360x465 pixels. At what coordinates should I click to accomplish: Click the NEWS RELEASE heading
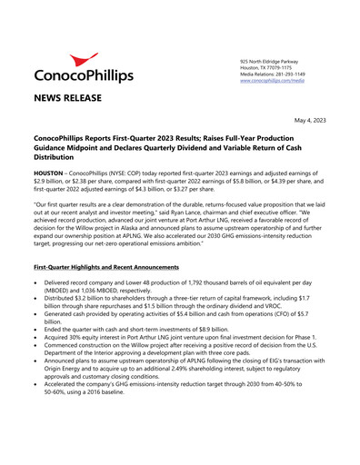pos(67,98)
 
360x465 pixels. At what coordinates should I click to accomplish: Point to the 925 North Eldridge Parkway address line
pos(261,61)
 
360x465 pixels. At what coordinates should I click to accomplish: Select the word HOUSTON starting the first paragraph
pos(50,171)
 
